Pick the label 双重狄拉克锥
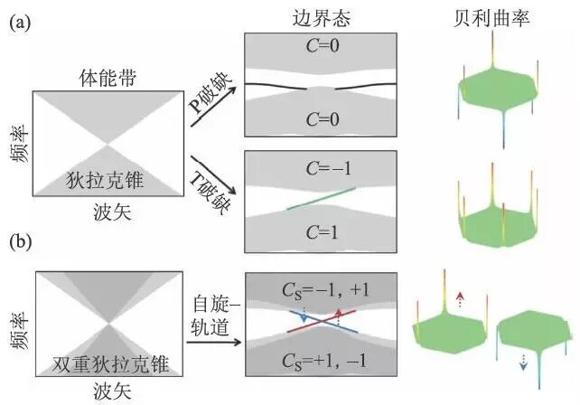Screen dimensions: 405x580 [x=108, y=370]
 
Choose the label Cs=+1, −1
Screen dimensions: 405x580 [x=323, y=361]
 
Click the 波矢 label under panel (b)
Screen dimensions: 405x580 [x=108, y=391]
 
